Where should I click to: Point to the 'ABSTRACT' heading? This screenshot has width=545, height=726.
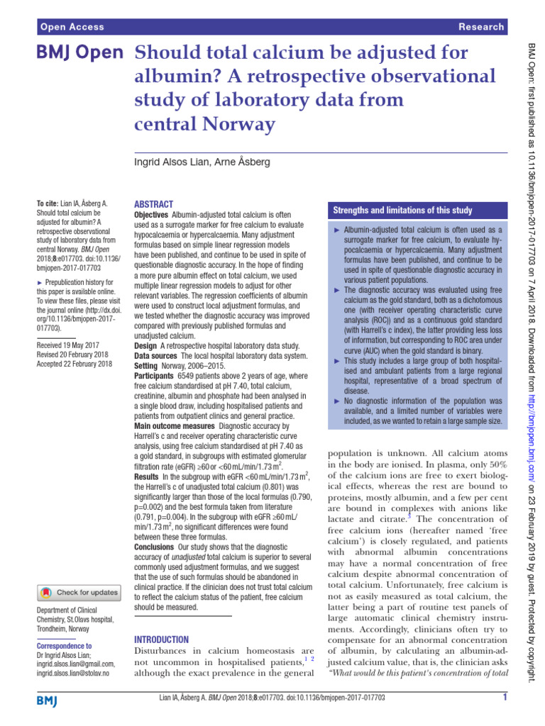pyautogui.click(x=153, y=203)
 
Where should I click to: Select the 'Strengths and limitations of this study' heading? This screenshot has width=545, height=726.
pyautogui.click(x=402, y=211)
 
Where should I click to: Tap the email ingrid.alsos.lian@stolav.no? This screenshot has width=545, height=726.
pyautogui.click(x=72, y=673)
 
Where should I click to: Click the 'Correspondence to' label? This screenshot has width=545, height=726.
pyautogui.click(x=64, y=646)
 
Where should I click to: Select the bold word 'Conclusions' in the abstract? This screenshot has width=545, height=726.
pyautogui.click(x=158, y=547)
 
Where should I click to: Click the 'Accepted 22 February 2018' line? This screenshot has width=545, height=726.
pyautogui.click(x=75, y=364)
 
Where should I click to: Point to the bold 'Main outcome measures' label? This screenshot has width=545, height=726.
pyautogui.click(x=175, y=426)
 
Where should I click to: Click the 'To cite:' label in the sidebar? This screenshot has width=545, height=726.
pyautogui.click(x=48, y=203)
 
